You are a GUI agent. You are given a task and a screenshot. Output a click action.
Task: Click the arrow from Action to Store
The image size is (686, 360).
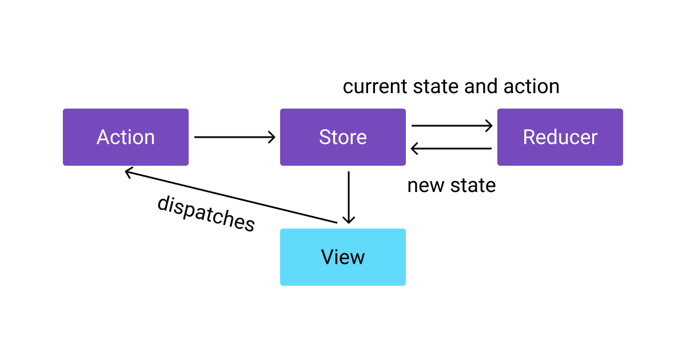pos(234,137)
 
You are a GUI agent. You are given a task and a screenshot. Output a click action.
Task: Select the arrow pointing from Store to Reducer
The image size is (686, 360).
pos(452,126)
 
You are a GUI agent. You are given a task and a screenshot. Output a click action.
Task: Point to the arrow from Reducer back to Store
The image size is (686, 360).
pos(452,149)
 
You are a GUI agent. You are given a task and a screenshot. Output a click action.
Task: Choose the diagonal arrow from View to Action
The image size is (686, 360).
pos(229,196)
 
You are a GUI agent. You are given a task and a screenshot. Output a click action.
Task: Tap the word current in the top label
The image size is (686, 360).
pos(374,87)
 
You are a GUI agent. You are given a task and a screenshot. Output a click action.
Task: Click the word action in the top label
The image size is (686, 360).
pos(531,87)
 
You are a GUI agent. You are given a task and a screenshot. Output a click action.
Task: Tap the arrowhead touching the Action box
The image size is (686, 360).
pos(129,171)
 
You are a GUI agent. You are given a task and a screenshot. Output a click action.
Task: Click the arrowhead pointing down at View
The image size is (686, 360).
pos(348,220)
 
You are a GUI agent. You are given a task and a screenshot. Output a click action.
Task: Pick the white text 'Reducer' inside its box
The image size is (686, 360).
pos(560,137)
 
